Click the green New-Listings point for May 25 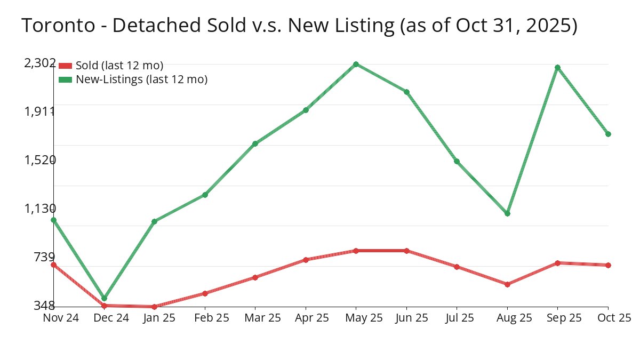click(356, 65)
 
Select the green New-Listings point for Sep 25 click(557, 68)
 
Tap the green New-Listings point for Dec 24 click(104, 299)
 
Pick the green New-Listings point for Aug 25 click(507, 214)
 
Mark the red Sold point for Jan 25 click(154, 307)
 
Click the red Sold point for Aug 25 click(507, 284)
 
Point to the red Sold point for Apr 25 click(306, 260)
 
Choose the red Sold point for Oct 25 click(608, 265)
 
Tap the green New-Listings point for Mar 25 click(255, 143)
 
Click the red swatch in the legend click(65, 66)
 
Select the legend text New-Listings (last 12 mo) click(141, 79)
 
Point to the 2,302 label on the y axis click(40, 63)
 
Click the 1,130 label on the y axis click(40, 208)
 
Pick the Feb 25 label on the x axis click(205, 318)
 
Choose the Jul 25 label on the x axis click(457, 318)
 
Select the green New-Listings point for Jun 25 click(406, 92)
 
